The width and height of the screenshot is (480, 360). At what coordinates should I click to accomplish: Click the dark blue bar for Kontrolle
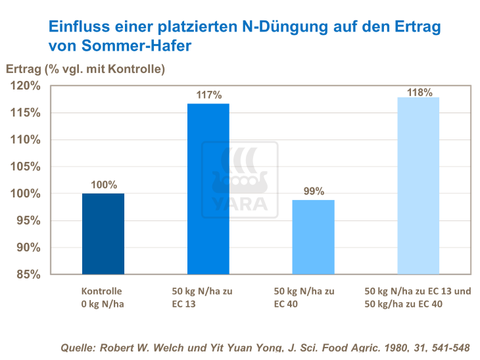tap(103, 234)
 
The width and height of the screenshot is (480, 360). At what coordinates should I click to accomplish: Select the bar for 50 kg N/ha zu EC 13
tap(208, 189)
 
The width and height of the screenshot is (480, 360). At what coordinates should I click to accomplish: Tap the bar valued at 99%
tap(313, 237)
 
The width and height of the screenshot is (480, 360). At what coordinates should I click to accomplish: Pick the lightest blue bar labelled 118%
tap(418, 186)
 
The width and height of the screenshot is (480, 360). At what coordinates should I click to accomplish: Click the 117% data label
tap(209, 95)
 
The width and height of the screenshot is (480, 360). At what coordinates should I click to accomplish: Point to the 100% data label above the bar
tap(104, 185)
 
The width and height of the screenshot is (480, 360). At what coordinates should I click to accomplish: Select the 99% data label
tap(314, 192)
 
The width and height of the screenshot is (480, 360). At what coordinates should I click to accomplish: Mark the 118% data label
tap(419, 92)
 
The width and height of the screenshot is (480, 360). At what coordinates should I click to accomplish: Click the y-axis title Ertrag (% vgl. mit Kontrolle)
tap(85, 68)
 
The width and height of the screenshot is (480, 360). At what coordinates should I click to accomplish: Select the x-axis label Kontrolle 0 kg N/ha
tap(102, 296)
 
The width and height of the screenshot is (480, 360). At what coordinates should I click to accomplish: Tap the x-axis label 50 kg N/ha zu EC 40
tap(304, 296)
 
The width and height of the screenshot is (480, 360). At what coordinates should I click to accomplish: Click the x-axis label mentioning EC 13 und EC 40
tap(418, 296)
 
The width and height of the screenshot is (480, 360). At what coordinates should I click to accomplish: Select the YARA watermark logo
tap(239, 180)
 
